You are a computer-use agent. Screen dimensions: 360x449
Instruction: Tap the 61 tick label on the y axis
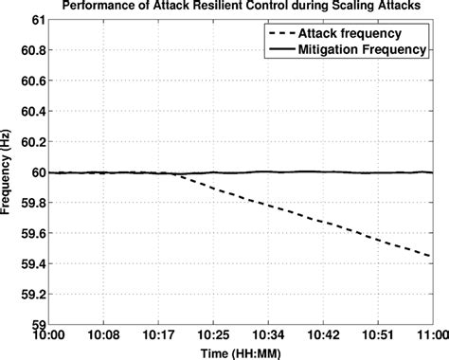(37, 19)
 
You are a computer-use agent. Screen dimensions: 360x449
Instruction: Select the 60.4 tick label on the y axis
(30, 111)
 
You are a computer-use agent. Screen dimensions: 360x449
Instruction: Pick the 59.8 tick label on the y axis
(30, 202)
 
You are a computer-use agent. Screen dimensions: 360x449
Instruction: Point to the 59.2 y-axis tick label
(30, 293)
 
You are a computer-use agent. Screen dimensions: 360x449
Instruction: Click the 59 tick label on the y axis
(37, 323)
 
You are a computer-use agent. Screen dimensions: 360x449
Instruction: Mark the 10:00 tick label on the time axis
(48, 334)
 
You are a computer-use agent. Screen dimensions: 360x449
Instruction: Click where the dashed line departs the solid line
(176, 173)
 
